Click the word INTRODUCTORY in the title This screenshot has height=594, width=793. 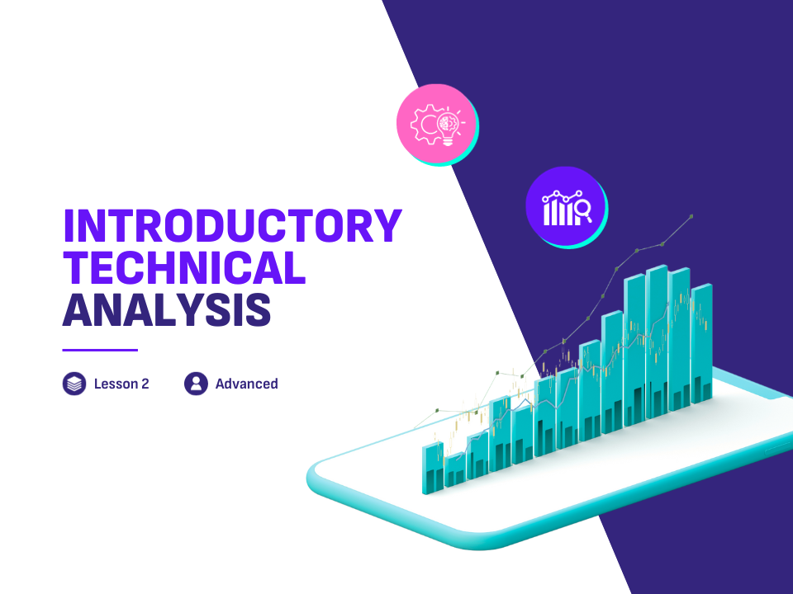233,225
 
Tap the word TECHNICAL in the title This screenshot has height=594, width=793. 184,267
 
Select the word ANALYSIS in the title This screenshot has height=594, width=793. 167,309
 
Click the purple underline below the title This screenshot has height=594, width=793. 100,350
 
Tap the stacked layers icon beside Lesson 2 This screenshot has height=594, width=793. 74,384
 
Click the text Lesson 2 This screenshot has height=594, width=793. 121,384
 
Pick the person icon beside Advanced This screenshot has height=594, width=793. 197,384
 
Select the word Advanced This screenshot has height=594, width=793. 247,384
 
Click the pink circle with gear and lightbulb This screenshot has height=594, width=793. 437,124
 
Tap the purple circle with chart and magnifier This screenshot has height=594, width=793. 566,206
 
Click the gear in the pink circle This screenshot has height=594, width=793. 425,125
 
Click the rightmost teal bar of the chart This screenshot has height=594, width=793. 701,343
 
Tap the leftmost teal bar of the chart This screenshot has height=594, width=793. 433,468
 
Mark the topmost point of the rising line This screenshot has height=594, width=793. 691,216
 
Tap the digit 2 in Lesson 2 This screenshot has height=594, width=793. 145,384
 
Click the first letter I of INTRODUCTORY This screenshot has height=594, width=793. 69,225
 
